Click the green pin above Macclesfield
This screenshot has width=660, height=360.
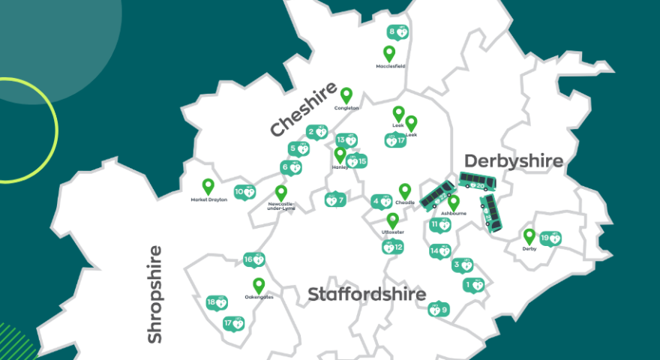[x=388, y=53]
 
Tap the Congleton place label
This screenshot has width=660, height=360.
[x=346, y=108]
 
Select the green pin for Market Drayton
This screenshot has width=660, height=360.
[x=208, y=186]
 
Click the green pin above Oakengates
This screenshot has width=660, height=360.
[x=259, y=285]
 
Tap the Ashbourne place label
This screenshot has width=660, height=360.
[x=453, y=214]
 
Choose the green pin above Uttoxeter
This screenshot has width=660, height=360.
[x=392, y=220]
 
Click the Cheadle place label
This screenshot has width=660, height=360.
[x=405, y=202]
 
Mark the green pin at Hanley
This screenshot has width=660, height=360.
[x=340, y=154]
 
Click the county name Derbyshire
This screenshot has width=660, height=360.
[x=513, y=160]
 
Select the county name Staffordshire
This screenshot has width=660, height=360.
[x=367, y=295]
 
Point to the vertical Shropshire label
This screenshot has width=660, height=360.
[x=154, y=295]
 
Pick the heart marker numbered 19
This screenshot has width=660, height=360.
[x=550, y=238]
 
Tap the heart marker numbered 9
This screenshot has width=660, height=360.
[x=438, y=309]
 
